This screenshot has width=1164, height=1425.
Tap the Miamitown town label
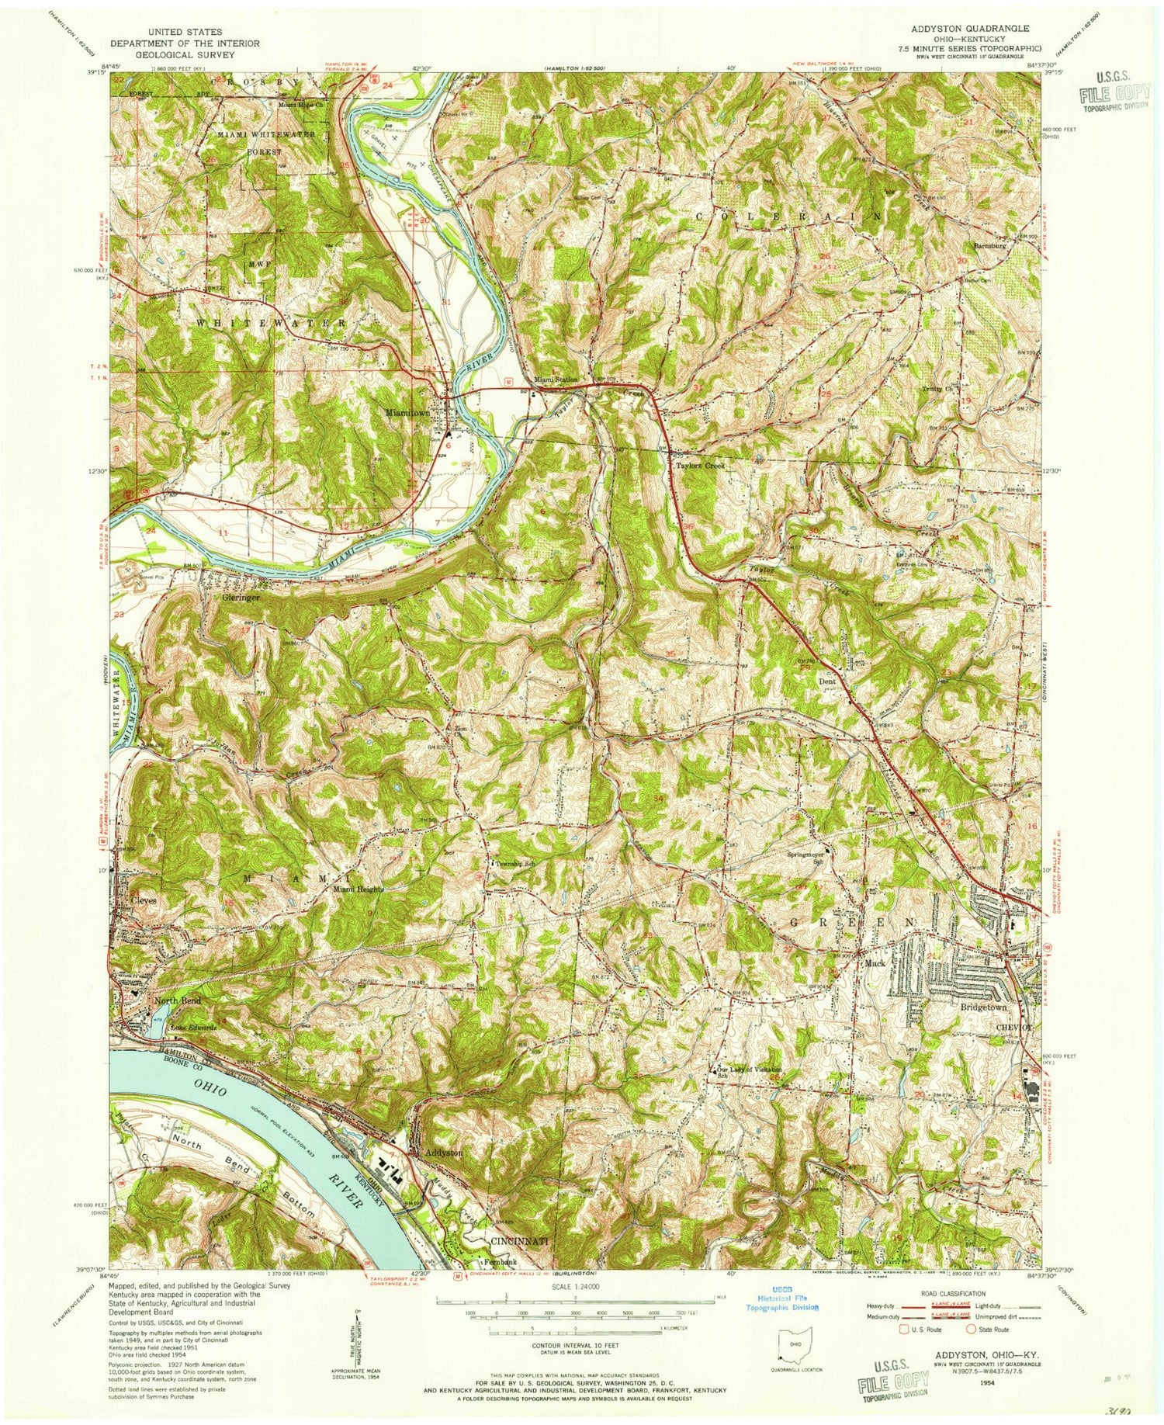coord(407,414)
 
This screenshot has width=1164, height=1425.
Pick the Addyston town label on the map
coord(444,1153)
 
